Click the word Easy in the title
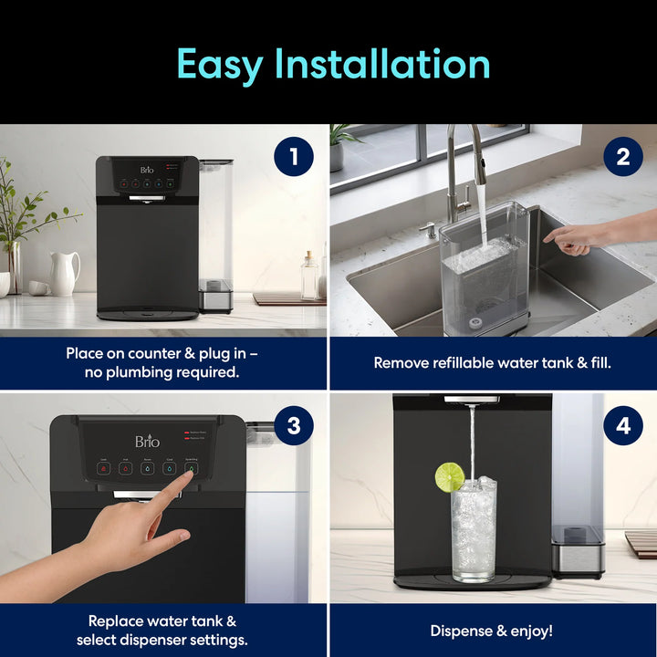[219, 64]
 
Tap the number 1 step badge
[293, 157]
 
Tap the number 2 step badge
[622, 157]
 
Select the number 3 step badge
[293, 426]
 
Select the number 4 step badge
[622, 426]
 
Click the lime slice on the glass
[449, 476]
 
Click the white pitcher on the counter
[64, 274]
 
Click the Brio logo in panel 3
[147, 442]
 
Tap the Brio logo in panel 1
[148, 170]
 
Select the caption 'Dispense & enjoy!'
[492, 631]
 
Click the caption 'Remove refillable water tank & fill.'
[492, 362]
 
